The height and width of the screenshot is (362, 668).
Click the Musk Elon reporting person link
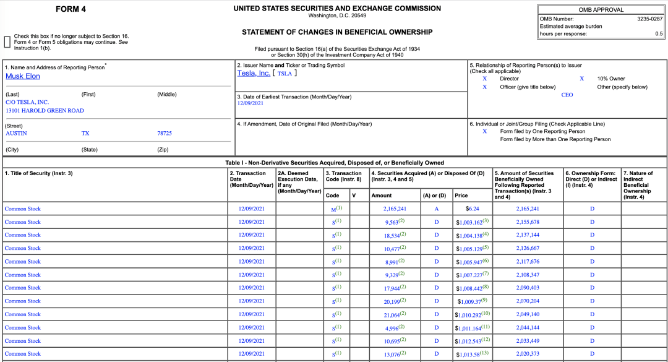(23, 76)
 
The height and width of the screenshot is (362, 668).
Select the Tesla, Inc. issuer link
(254, 73)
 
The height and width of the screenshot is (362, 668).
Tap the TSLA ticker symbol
(285, 73)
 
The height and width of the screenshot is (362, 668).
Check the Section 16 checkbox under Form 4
(7, 42)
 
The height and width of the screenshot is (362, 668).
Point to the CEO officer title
(567, 95)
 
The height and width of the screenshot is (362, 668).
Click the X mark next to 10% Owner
(581, 79)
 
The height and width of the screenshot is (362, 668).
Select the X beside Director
(485, 79)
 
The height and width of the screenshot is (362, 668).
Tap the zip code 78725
(165, 133)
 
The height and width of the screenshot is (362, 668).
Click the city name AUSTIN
(16, 133)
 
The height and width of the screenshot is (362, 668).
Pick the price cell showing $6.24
(472, 209)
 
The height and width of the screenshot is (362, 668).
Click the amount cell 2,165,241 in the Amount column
(395, 209)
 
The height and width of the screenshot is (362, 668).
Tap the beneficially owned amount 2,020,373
(528, 354)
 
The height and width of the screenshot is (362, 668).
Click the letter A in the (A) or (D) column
(436, 209)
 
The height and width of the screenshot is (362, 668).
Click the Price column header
(461, 196)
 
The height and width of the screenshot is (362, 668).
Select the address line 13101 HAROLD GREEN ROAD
(45, 111)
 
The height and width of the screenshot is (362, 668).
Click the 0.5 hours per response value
(659, 34)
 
